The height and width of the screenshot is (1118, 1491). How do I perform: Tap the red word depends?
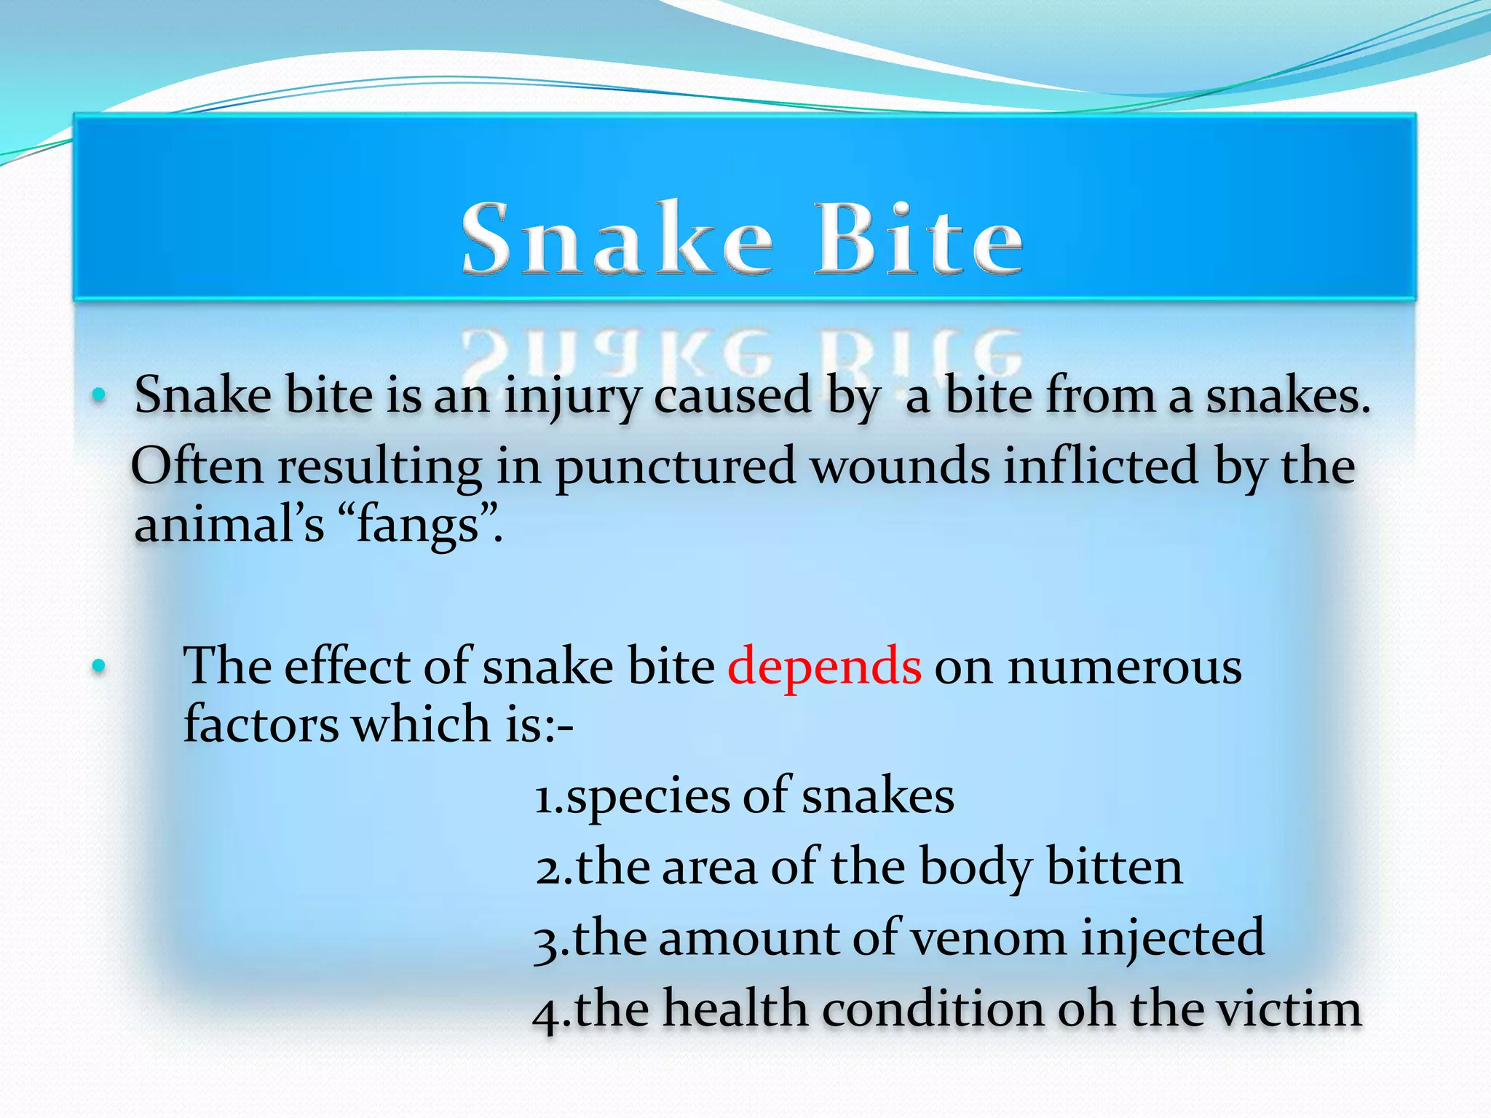824,666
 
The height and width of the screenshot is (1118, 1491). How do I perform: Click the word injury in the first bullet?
572,397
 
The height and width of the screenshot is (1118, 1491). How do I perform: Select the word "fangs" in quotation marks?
417,525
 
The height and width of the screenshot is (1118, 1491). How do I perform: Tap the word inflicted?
1100,466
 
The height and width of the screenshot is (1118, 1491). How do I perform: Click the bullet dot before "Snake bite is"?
99,396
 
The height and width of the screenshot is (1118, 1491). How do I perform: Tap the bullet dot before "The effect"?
99,666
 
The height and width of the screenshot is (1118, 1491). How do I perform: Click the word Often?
197,466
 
